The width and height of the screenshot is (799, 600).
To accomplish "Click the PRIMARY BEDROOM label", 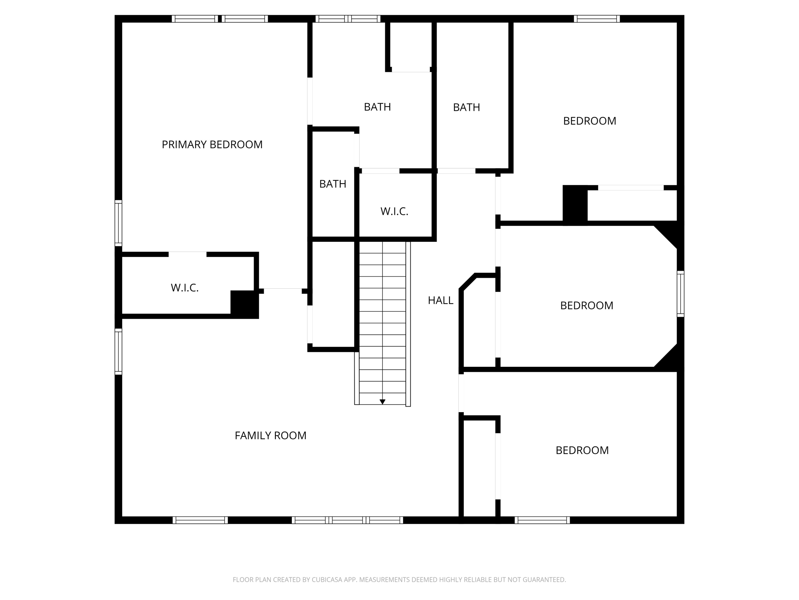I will (212, 145).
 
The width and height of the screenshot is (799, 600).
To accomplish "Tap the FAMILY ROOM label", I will (270, 436).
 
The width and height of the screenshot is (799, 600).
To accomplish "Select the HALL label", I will (440, 300).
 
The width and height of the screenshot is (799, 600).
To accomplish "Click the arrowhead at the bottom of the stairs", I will (382, 402).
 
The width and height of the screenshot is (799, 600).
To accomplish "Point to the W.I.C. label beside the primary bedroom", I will (185, 288).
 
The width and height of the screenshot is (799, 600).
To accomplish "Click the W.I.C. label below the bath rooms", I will (394, 211).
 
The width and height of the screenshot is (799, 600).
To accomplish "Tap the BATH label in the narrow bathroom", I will (332, 184).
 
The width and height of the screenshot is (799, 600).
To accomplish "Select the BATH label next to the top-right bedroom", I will (466, 107).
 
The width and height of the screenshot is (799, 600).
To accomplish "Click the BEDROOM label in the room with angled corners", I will (586, 305).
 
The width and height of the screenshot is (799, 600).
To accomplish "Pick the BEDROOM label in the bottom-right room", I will (582, 450).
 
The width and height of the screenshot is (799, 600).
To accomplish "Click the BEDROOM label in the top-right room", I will (589, 121).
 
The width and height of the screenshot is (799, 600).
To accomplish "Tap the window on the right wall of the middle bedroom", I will (680, 293).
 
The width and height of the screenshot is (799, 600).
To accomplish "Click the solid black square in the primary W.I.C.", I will (244, 304).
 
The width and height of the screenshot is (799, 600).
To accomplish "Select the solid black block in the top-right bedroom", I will (575, 204).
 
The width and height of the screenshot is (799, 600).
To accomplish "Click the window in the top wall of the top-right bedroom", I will (597, 19).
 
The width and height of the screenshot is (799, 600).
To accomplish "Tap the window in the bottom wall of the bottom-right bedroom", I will (542, 520).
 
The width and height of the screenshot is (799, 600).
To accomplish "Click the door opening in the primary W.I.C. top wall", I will (187, 254).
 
